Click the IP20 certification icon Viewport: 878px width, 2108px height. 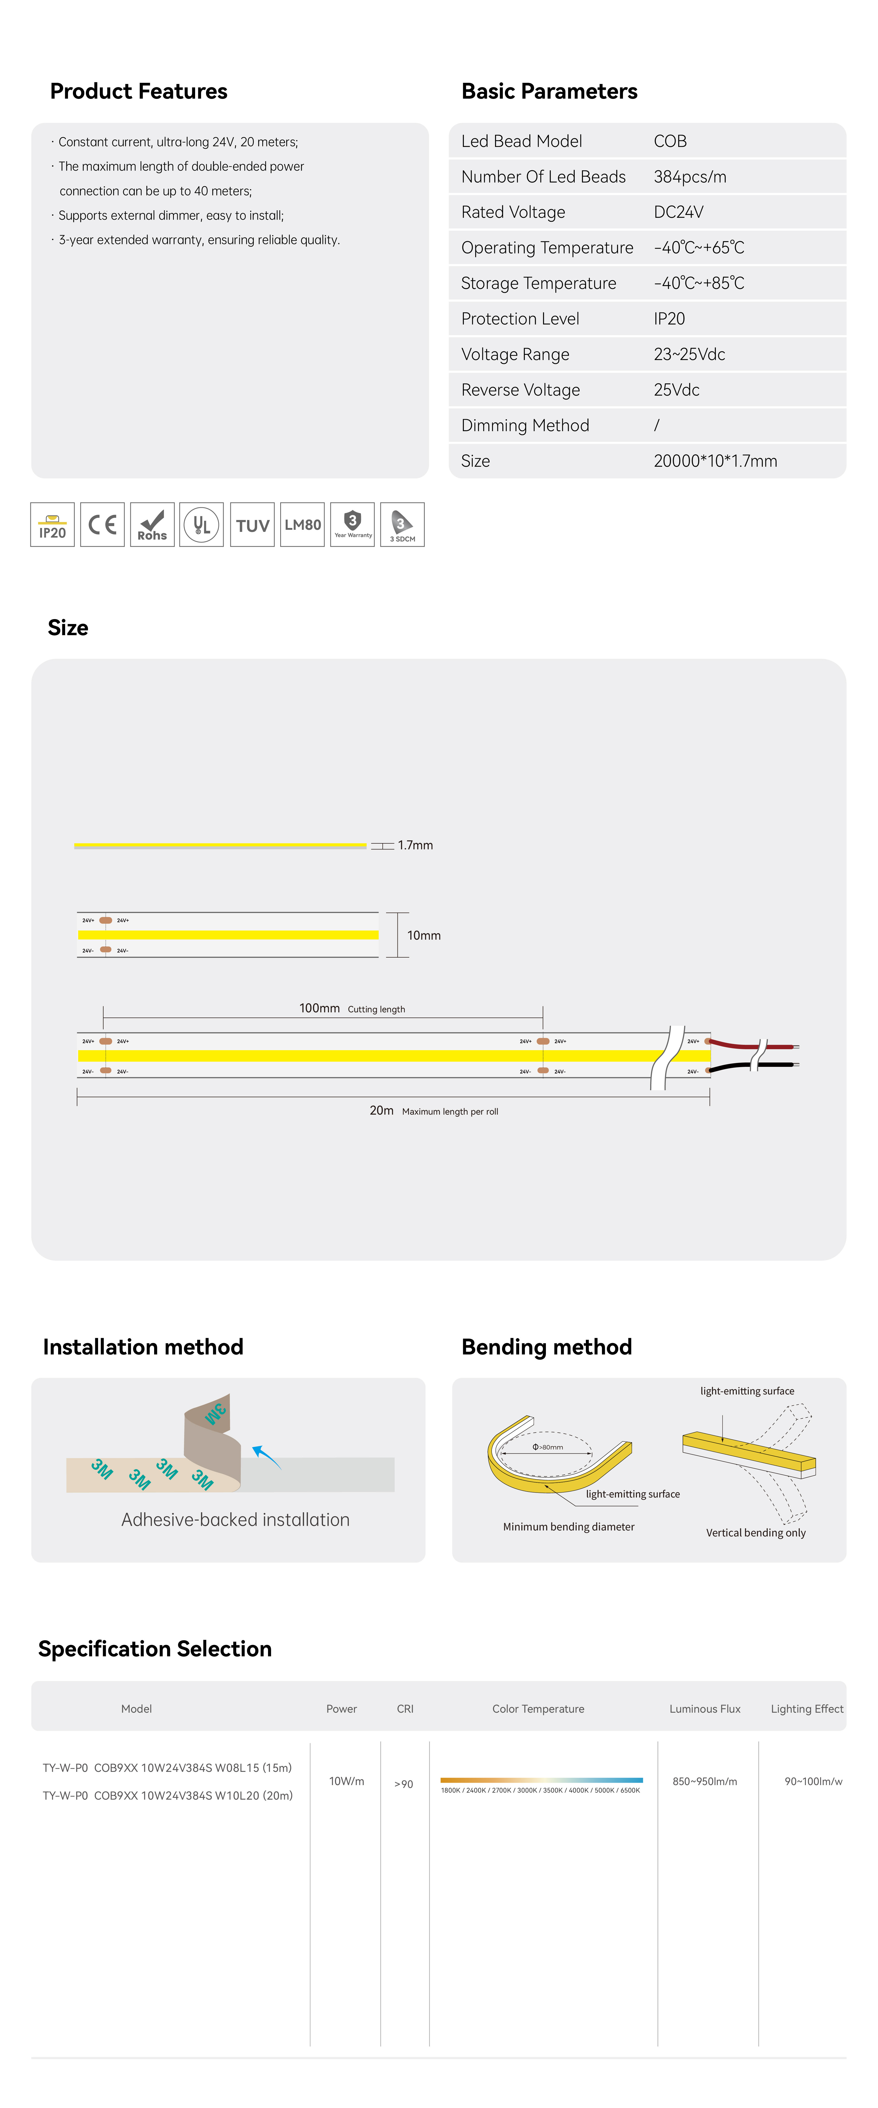click(52, 525)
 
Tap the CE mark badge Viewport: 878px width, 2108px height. click(102, 525)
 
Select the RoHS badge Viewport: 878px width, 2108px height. click(152, 525)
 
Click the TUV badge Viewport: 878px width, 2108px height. click(252, 525)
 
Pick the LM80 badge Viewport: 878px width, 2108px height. click(302, 525)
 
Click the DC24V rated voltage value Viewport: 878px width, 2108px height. click(678, 212)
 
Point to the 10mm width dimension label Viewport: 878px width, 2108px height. click(424, 935)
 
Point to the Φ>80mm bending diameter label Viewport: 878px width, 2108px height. click(547, 1447)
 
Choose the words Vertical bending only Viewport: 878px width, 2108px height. click(755, 1533)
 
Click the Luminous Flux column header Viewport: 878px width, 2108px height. click(704, 1709)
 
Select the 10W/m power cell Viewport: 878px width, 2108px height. click(346, 1781)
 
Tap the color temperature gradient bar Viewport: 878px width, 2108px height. click(541, 1780)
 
